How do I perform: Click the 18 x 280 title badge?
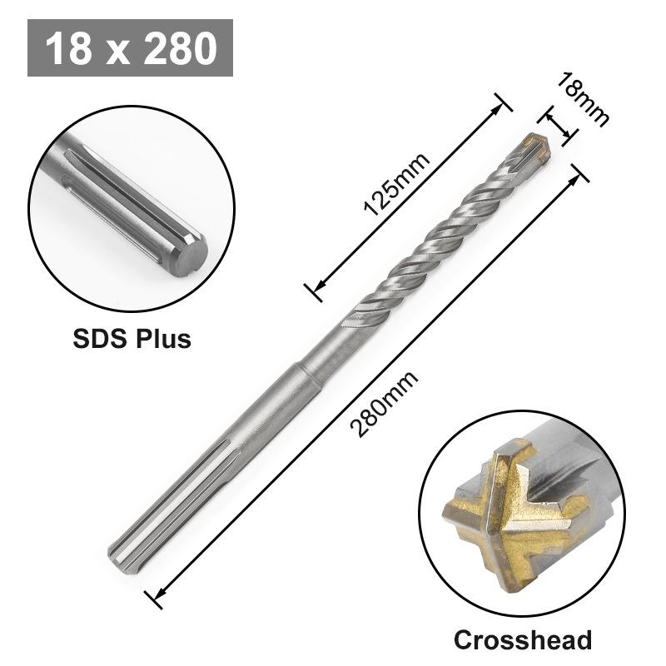(130, 48)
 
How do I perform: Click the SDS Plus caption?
(131, 339)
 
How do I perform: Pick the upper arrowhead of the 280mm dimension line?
(577, 171)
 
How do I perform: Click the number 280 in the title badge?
(179, 48)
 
